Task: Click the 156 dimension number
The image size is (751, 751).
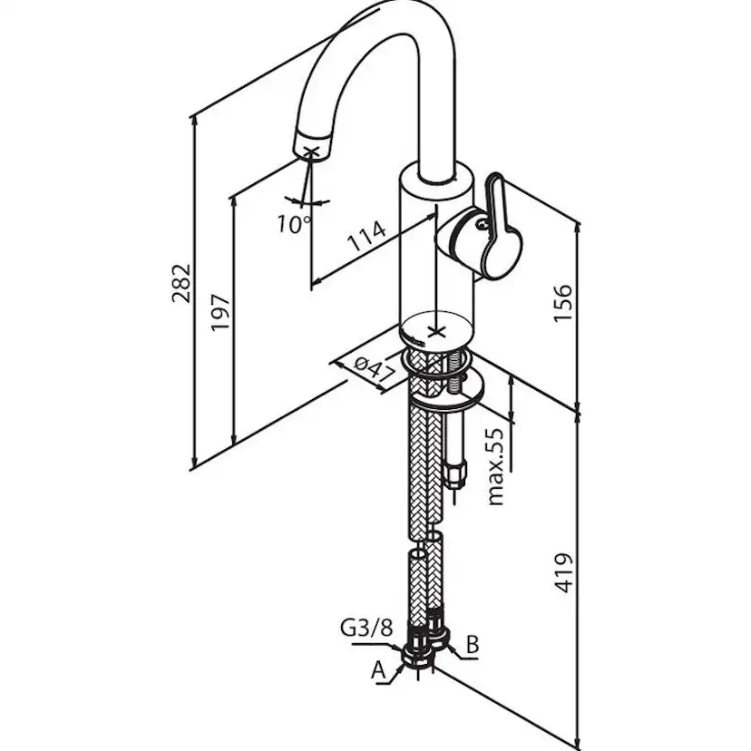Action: coord(563,303)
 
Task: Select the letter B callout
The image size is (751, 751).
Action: coord(473,645)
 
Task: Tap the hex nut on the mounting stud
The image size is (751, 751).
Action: coord(458,473)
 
